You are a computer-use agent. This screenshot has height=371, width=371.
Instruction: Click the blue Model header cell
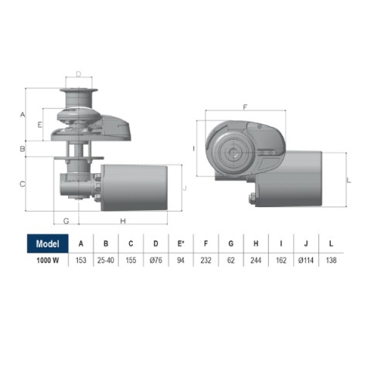coord(48,243)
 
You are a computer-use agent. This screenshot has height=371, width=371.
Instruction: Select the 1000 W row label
coord(48,260)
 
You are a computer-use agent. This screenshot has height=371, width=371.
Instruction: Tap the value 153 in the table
coord(80,260)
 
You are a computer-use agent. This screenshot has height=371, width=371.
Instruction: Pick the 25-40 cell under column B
coord(106,260)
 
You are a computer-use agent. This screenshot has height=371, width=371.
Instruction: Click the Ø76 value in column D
coord(156,260)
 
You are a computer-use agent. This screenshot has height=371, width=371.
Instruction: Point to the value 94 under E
coord(181,260)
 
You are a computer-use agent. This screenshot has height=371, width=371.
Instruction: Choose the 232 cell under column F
coord(206,260)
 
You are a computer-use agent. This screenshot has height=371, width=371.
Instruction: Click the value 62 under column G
coord(231,260)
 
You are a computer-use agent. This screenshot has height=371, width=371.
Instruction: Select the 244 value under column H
coord(256,260)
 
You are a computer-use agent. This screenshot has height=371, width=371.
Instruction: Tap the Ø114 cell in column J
coord(306,260)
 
